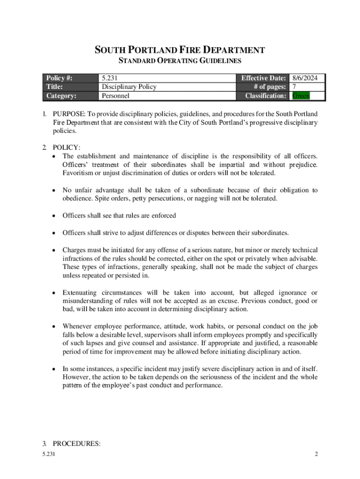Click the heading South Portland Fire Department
[x=180, y=50]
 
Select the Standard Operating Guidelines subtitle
[x=180, y=61]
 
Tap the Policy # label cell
[x=59, y=78]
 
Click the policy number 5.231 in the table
[x=112, y=78]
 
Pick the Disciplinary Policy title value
[x=129, y=87]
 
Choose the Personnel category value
[x=115, y=96]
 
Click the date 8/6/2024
[x=308, y=78]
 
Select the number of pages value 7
[x=294, y=87]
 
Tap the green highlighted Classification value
[x=301, y=96]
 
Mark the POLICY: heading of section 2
[x=66, y=148]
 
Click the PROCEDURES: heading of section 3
[x=76, y=444]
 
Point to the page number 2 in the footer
[x=316, y=454]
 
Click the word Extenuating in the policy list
[x=81, y=292]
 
